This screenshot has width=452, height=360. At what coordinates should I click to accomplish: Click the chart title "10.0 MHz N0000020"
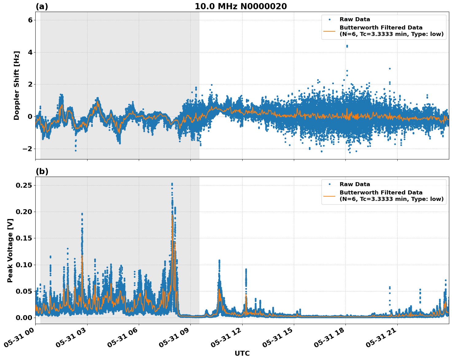pos(241,6)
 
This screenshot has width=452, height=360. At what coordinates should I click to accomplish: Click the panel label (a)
pos(42,6)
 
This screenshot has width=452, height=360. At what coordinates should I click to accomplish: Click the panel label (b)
pos(42,171)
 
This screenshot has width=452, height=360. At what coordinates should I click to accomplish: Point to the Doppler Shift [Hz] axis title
pos(17,85)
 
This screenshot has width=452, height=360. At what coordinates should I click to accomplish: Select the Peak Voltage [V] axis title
pos(10,250)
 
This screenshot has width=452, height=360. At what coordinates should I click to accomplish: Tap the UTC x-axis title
pos(242,353)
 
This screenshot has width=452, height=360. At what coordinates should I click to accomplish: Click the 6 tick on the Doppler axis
pos(30,20)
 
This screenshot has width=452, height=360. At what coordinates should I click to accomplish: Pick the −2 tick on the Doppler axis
pos(28,149)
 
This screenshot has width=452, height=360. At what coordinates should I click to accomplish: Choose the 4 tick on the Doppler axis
pos(30,53)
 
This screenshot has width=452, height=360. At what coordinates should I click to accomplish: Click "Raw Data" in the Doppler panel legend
pos(355,19)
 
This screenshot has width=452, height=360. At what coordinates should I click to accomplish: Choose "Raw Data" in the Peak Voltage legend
pos(355,184)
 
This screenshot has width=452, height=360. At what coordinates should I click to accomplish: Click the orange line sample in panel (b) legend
pos(329,196)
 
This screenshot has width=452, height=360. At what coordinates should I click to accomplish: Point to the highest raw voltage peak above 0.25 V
pos(172,184)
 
